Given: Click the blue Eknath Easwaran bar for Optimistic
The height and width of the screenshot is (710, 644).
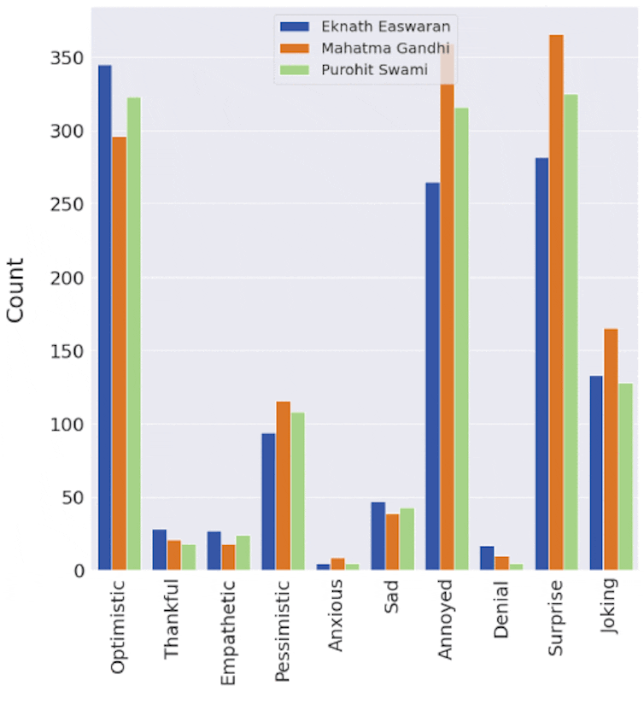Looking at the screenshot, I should click(x=105, y=317).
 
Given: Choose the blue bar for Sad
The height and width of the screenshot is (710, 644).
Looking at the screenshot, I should click(x=378, y=536).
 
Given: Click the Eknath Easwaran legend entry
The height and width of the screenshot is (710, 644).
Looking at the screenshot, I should click(x=368, y=26).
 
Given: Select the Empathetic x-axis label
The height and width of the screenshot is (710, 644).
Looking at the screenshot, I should click(x=228, y=632).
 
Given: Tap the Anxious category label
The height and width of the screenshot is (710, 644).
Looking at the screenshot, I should click(x=336, y=615).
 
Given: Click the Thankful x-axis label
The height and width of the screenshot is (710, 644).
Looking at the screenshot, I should click(x=173, y=620).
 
